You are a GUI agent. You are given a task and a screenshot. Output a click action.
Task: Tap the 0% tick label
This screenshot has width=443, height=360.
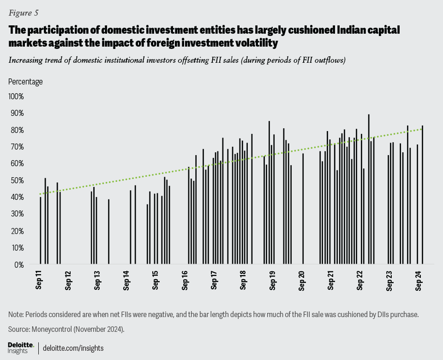(x=18, y=264)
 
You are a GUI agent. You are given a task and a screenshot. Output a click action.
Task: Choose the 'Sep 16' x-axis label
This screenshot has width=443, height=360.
(x=186, y=282)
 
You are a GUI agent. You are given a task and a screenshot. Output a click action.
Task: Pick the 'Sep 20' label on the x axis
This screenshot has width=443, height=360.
(x=303, y=282)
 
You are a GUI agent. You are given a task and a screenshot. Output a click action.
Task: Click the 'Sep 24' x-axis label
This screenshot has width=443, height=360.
(x=420, y=282)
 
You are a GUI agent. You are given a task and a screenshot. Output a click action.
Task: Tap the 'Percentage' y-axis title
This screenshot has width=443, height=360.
(x=25, y=82)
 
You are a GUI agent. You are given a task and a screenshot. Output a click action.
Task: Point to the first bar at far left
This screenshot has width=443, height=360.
(x=41, y=231)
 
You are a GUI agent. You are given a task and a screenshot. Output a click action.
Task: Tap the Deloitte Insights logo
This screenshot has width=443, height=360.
(x=21, y=348)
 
